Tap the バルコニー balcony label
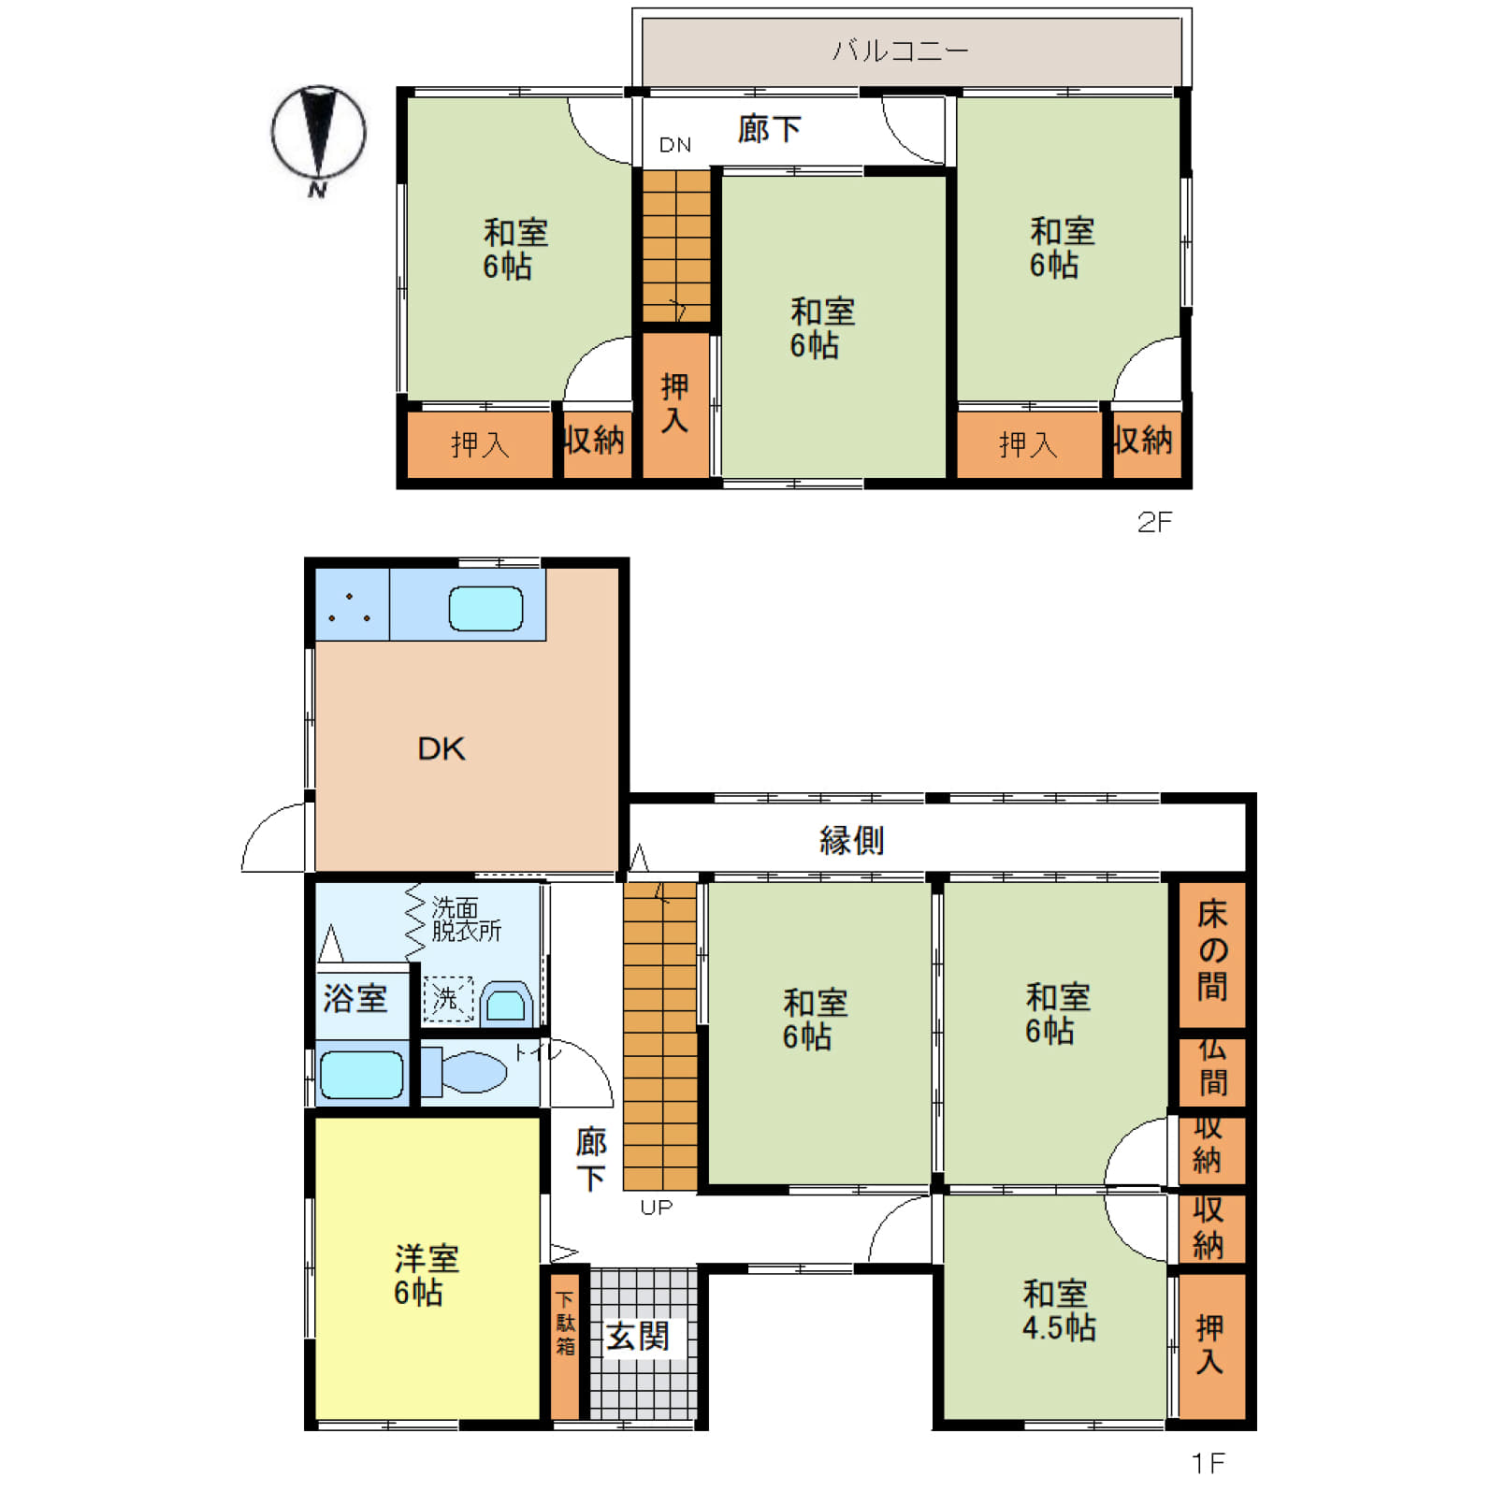(x=900, y=51)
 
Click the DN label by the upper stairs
(x=675, y=145)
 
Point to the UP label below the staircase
(x=657, y=1208)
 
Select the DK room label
(x=442, y=748)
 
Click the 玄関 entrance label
(x=638, y=1336)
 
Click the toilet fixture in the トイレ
(x=464, y=1071)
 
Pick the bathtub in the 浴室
(x=362, y=1074)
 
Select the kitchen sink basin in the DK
(x=485, y=609)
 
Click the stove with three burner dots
(x=352, y=604)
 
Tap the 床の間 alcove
(x=1212, y=953)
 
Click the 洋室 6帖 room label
(x=427, y=1275)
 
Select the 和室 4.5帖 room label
(x=1058, y=1310)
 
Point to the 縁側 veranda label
(x=851, y=840)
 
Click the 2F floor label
(x=1154, y=522)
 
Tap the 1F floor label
(x=1208, y=1461)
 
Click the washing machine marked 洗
(x=448, y=999)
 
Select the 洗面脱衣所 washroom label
(x=466, y=919)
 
